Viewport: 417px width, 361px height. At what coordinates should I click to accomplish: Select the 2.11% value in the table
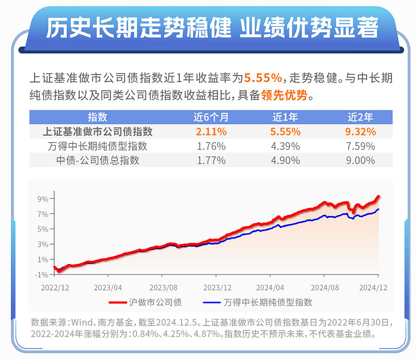[x=211, y=131]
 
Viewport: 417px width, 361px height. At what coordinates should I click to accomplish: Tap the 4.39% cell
[x=286, y=146]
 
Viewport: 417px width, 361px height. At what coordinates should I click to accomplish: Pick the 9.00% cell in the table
[x=361, y=161]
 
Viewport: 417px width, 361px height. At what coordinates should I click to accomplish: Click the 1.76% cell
[x=211, y=146]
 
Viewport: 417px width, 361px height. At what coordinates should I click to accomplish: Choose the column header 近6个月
[x=211, y=117]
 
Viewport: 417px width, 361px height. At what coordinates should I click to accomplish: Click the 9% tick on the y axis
[x=43, y=199]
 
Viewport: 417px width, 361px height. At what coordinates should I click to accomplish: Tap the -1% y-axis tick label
[x=42, y=274]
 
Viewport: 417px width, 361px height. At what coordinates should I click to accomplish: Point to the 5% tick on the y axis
[x=43, y=229]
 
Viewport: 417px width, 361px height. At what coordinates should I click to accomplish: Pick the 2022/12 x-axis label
[x=56, y=287]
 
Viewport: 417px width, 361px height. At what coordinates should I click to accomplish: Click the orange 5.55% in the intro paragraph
[x=263, y=78]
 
